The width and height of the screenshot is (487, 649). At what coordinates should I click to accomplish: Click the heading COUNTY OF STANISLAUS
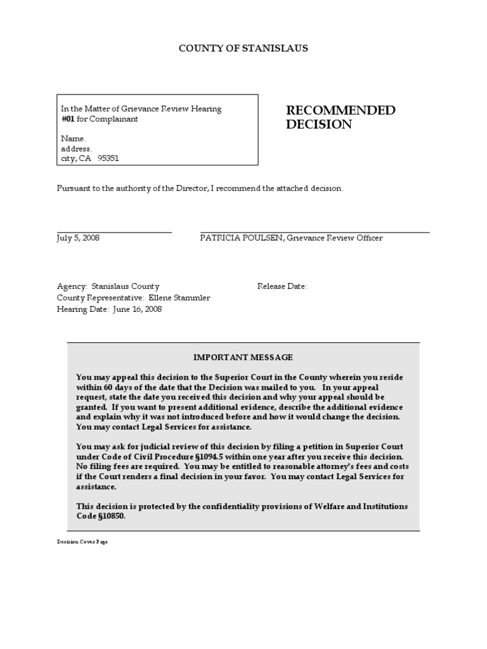[x=243, y=49]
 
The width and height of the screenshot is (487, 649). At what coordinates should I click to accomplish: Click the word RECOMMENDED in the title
[x=341, y=111]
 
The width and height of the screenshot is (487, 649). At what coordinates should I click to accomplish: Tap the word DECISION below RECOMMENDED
[x=318, y=125]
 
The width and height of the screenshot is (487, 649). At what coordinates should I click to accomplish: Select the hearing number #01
[x=68, y=119]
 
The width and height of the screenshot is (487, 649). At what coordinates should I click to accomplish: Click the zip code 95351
[x=108, y=159]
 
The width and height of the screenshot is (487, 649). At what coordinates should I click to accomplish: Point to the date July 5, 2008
[x=78, y=238]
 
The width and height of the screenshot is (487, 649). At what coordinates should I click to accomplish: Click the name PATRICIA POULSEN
[x=241, y=238]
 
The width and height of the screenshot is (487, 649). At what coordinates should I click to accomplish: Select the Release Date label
[x=282, y=286]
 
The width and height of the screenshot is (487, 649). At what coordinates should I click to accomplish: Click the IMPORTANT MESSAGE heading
[x=243, y=358]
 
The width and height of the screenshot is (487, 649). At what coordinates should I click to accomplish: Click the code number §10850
[x=111, y=517]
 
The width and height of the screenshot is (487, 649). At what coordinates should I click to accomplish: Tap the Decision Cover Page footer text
[x=82, y=543]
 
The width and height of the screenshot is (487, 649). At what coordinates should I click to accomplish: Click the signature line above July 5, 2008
[x=114, y=233]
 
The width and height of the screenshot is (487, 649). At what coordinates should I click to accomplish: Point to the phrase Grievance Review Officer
[x=334, y=238]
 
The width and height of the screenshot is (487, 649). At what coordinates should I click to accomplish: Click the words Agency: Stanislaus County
[x=108, y=286]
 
